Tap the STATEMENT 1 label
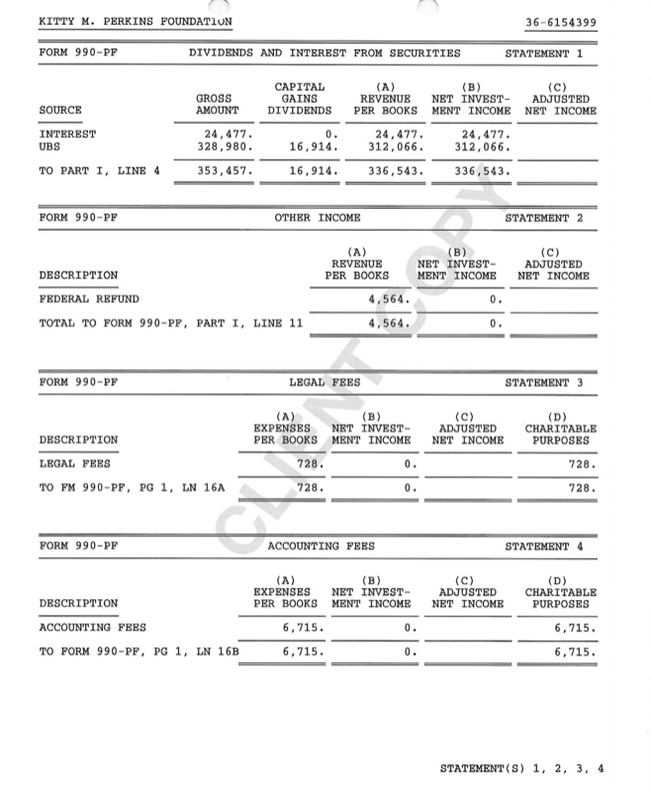point(543,53)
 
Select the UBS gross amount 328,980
point(226,147)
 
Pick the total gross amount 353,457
point(226,171)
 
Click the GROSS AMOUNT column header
point(217,105)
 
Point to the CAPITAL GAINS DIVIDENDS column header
point(299,99)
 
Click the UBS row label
point(49,147)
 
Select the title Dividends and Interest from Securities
point(325,53)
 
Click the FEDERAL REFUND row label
point(89,298)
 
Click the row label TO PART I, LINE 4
point(99,171)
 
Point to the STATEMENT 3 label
point(543,382)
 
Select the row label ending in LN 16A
point(132,487)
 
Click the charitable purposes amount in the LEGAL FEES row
point(581,463)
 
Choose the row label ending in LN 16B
point(139,651)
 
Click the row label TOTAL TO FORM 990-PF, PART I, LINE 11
point(170,323)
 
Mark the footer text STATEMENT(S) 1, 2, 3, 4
point(521,768)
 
